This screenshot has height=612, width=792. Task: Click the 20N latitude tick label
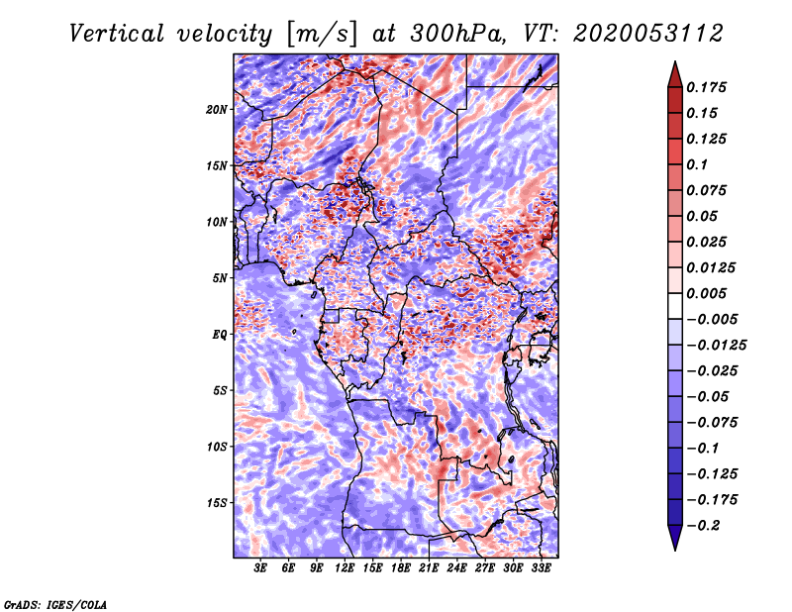[x=217, y=109]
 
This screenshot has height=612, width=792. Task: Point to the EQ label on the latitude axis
[x=219, y=334]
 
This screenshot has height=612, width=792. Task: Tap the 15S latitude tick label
[x=217, y=502]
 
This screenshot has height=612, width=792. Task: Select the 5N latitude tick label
[x=219, y=277]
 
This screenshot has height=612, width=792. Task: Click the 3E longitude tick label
[x=260, y=569]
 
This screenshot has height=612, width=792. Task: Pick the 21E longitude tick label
[x=429, y=569]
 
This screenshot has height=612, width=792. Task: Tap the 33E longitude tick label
[x=541, y=569]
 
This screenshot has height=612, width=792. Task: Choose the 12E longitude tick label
[x=345, y=569]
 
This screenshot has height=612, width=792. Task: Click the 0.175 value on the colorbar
[x=708, y=87]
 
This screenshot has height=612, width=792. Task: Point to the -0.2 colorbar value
[x=704, y=525]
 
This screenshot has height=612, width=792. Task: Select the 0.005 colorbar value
[x=708, y=293]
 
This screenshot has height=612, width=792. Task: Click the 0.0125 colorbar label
[x=712, y=267]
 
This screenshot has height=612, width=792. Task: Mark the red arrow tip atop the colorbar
[x=674, y=66]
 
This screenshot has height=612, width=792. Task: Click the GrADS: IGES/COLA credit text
[x=54, y=603]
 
